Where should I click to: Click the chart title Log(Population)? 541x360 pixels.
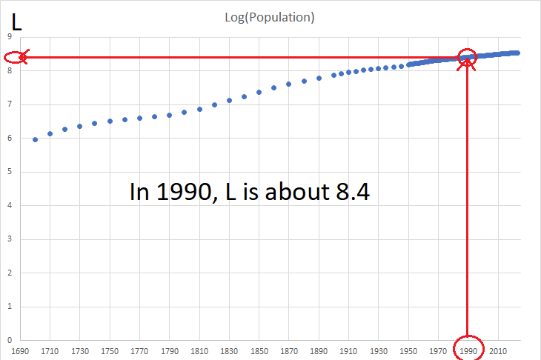pos(270,18)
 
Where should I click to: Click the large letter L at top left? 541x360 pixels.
pos(17,22)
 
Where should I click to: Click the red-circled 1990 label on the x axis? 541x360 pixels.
pos(468,350)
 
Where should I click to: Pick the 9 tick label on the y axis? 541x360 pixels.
pos(9,37)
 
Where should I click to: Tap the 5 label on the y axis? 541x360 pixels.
pos(9,172)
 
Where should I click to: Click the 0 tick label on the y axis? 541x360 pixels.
pos(9,341)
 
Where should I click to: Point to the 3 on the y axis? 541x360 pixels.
pos(9,239)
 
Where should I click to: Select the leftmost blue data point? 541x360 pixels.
pos(35,139)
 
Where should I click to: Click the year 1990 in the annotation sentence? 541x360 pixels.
pos(182,193)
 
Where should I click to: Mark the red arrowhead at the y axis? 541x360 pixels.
pos(24,57)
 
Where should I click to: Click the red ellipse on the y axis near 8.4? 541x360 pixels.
pos(15,57)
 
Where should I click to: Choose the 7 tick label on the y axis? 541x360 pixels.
pos(9,104)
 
